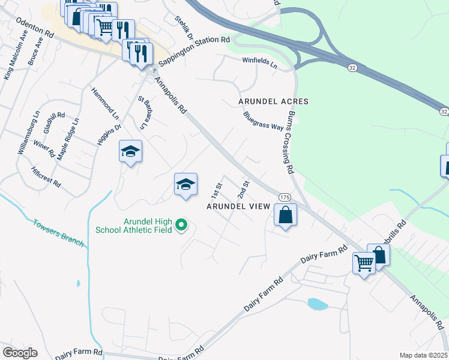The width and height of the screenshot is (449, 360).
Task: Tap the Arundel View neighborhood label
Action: pos(238,206)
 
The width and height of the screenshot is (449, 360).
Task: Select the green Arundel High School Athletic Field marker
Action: pos(181,226)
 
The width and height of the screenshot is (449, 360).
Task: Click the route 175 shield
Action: pos(285,197)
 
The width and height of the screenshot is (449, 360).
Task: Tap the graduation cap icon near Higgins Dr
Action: pos(130,151)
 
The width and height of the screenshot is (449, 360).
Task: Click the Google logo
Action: pos(20,353)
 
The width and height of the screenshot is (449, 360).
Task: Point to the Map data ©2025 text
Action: pos(423,355)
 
